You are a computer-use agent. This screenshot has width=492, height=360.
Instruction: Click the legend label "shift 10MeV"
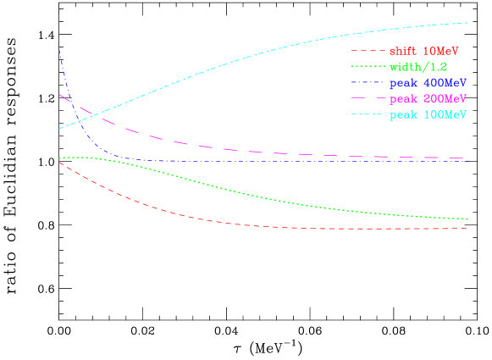[x=423, y=52]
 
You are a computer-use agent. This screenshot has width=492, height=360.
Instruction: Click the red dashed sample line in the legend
[x=368, y=52]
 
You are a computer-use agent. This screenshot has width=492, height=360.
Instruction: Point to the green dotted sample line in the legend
[x=368, y=67]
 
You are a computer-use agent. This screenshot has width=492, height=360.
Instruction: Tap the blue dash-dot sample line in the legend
[x=368, y=83]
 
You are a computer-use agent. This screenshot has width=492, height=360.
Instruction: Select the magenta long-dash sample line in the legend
[x=368, y=99]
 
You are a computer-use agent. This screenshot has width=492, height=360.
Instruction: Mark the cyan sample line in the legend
[x=368, y=114]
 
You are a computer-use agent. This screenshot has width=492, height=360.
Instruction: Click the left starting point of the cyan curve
[x=58, y=129]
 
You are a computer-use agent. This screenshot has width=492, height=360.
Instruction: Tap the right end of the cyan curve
[x=468, y=23]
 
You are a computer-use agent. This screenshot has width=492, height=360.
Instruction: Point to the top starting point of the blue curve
[x=59, y=49]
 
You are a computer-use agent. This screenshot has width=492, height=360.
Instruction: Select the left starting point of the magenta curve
[x=58, y=94]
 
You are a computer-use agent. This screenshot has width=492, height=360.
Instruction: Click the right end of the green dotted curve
[x=468, y=219]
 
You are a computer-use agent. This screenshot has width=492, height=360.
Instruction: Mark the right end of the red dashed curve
[x=468, y=228]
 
